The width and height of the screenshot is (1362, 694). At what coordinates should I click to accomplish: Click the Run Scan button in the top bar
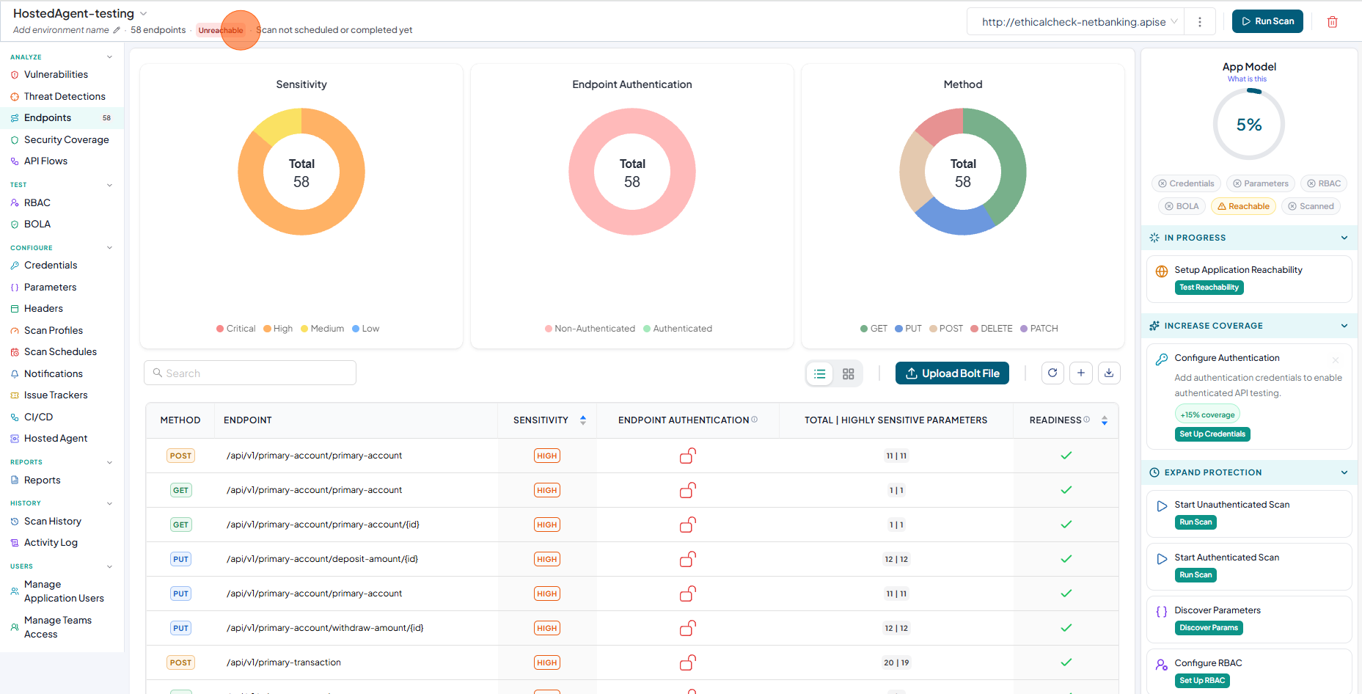click(x=1267, y=21)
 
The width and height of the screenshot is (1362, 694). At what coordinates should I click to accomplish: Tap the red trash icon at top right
click(x=1333, y=22)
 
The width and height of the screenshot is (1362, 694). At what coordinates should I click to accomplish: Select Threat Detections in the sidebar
click(x=65, y=96)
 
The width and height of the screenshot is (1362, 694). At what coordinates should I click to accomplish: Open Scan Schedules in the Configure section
click(x=60, y=351)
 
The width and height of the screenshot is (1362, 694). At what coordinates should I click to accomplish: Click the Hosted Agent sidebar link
click(x=56, y=438)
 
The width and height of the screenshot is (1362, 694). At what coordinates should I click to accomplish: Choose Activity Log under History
click(x=51, y=542)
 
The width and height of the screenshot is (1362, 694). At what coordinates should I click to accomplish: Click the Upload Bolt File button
click(x=952, y=373)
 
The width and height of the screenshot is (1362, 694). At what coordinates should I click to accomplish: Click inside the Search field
click(x=250, y=373)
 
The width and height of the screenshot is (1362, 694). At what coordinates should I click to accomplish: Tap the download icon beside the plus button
click(x=1109, y=373)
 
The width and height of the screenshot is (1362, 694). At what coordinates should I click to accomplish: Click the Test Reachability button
click(x=1209, y=288)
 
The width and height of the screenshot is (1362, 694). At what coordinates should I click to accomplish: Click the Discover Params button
click(x=1209, y=628)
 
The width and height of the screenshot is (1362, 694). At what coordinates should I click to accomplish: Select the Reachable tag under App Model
click(x=1243, y=206)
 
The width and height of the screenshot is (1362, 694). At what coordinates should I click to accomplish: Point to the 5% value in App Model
click(x=1249, y=125)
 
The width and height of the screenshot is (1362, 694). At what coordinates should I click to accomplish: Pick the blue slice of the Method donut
click(x=954, y=218)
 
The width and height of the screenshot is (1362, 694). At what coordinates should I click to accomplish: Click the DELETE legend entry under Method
click(x=991, y=329)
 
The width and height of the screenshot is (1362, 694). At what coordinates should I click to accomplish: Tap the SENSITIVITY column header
click(x=541, y=420)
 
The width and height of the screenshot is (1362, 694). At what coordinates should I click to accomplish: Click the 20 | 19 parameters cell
click(x=896, y=662)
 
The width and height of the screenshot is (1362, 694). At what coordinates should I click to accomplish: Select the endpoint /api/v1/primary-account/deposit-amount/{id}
click(x=322, y=559)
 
